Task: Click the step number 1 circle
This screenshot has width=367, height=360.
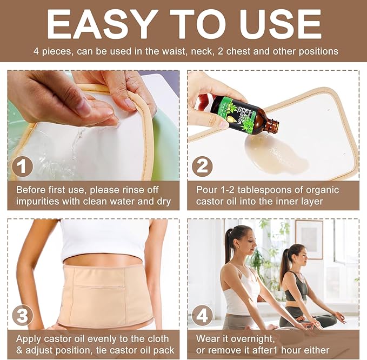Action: (x=22, y=166)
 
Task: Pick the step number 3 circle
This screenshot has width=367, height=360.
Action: (x=22, y=315)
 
